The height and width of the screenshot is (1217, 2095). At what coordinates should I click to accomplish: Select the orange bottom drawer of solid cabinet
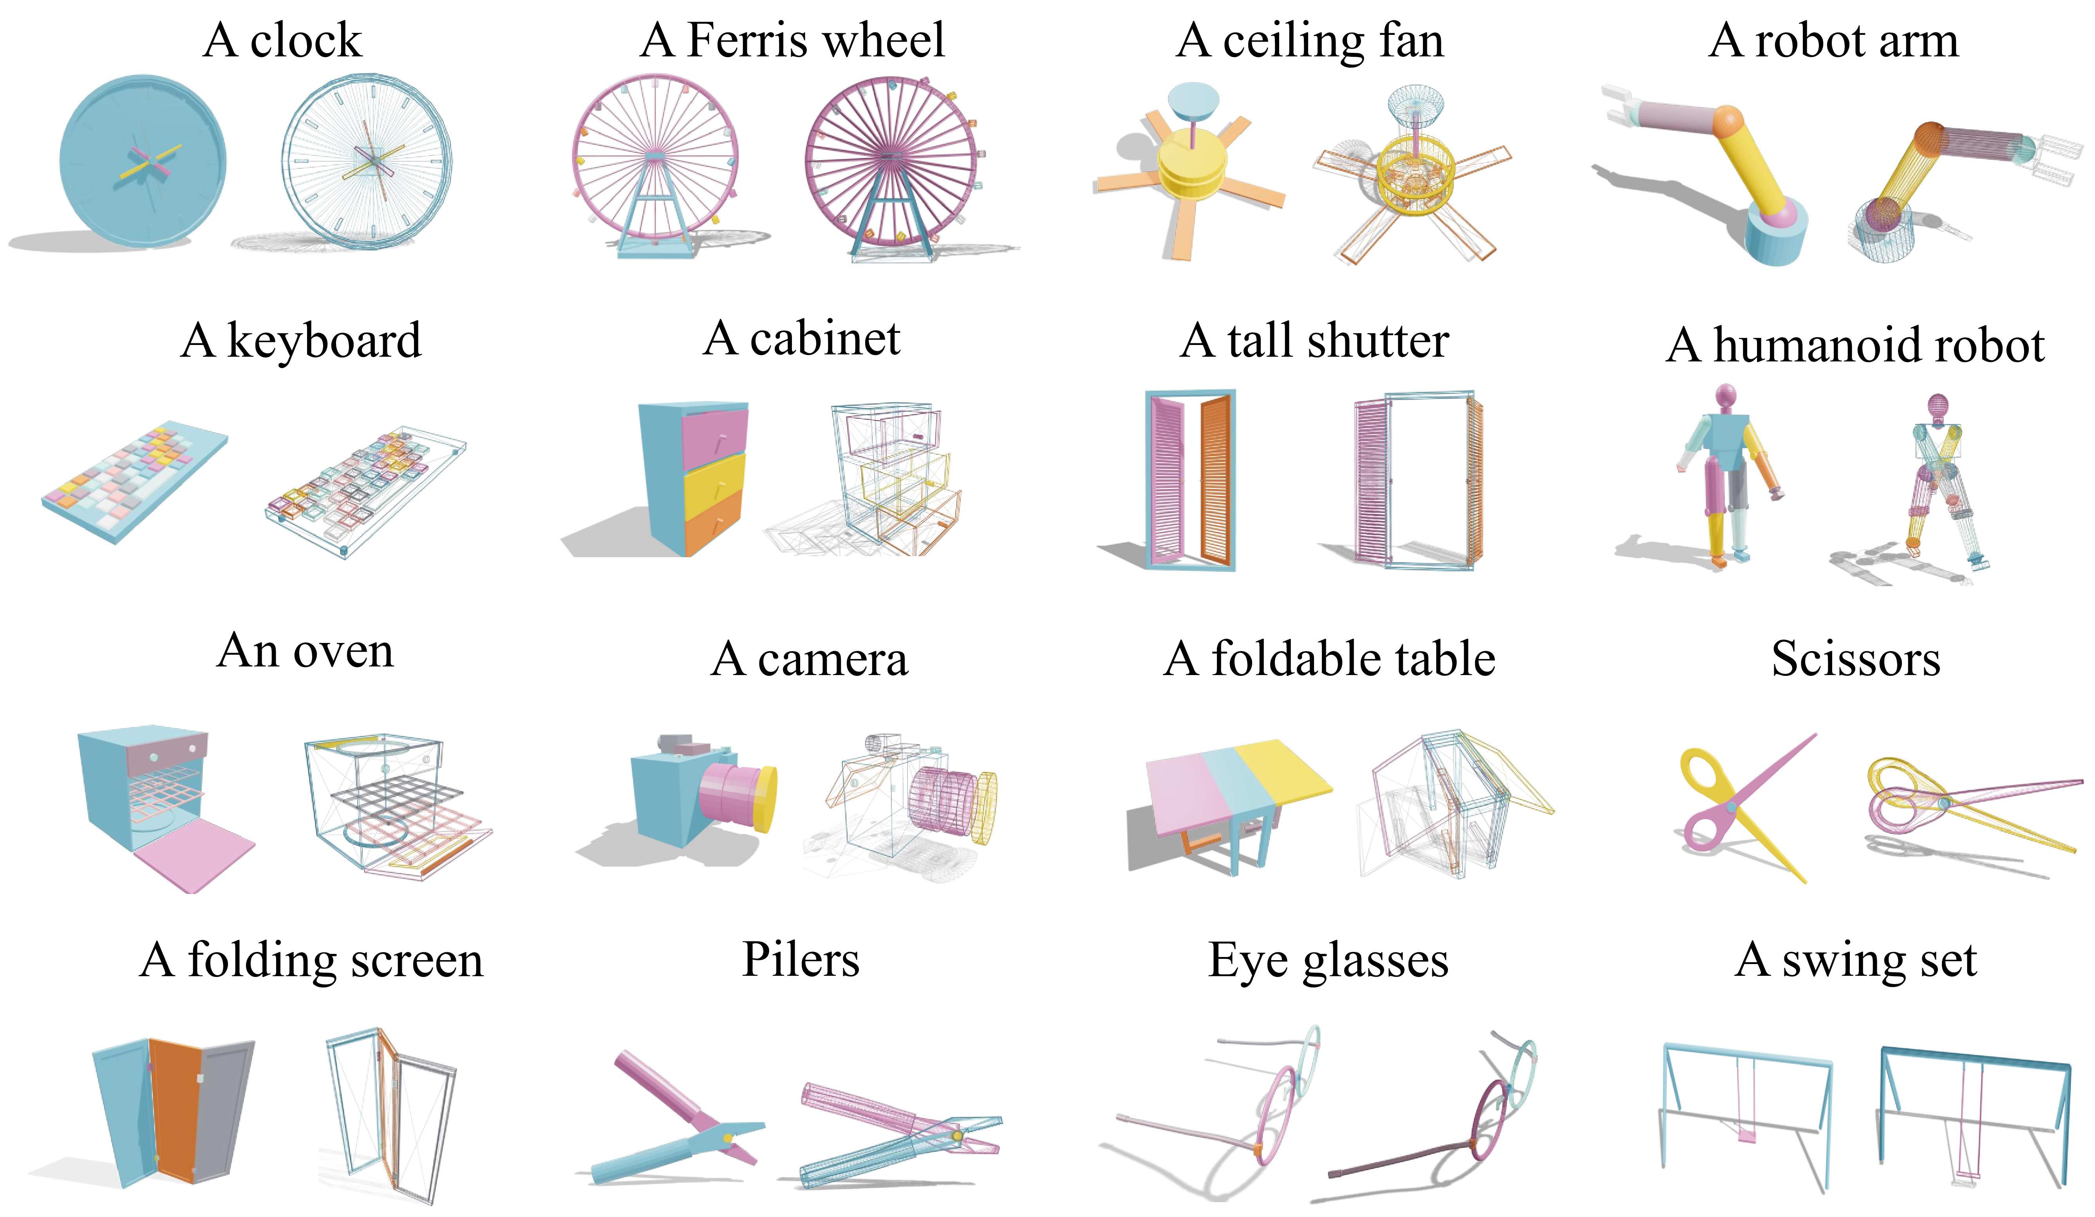(713, 522)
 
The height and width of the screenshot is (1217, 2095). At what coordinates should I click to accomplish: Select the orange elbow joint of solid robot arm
(1728, 121)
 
